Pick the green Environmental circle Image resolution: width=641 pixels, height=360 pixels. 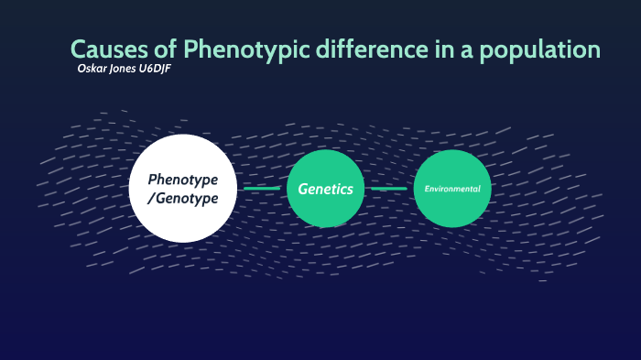(x=452, y=189)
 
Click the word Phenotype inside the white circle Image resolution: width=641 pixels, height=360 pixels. (x=183, y=179)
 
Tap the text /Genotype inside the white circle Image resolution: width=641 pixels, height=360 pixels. (x=183, y=198)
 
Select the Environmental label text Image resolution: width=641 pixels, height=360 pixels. (x=452, y=189)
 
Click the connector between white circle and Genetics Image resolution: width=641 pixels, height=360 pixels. (x=261, y=189)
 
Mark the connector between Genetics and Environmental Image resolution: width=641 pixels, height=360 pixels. (x=388, y=189)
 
